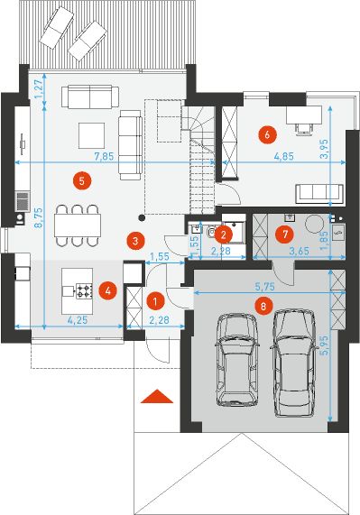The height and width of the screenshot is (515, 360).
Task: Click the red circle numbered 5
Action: pos(82,181)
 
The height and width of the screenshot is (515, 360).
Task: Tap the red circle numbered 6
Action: pos(267,134)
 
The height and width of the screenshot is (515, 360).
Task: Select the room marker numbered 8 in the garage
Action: pos(263,306)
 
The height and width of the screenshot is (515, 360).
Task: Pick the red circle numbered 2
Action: pos(224,235)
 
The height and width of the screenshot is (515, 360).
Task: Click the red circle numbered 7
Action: pos(284,235)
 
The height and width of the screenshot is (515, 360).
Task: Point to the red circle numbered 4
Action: pos(109,290)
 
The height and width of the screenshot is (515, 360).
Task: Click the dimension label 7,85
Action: pos(104,156)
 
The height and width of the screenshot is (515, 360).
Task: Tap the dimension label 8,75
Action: pos(39,217)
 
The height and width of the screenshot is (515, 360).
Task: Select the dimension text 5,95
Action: pos(325,345)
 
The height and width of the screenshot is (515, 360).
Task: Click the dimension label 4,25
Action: pos(78,320)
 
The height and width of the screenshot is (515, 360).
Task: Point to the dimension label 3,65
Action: pos(299,252)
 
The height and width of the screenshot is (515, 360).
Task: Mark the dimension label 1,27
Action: pos(39,89)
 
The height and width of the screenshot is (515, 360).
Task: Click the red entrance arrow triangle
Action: pos(157,396)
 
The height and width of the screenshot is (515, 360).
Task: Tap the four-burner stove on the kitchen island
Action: pos(85,291)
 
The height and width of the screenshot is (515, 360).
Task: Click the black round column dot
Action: pos(142,217)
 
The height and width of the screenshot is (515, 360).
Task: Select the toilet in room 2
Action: pos(210,232)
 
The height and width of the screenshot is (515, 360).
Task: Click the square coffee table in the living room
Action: pos(92,135)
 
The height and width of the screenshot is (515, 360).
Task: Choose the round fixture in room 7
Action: pos(315,224)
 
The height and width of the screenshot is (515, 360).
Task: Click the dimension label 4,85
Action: pos(284,156)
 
